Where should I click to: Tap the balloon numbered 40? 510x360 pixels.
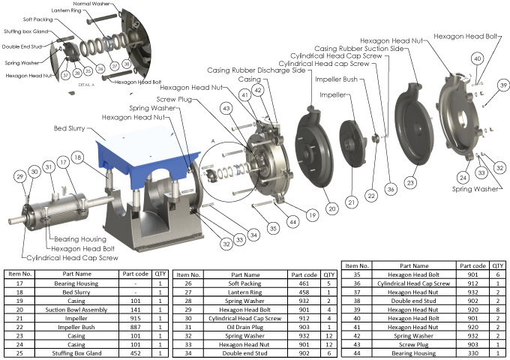coord(477,58)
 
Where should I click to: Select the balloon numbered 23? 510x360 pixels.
coord(410,181)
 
